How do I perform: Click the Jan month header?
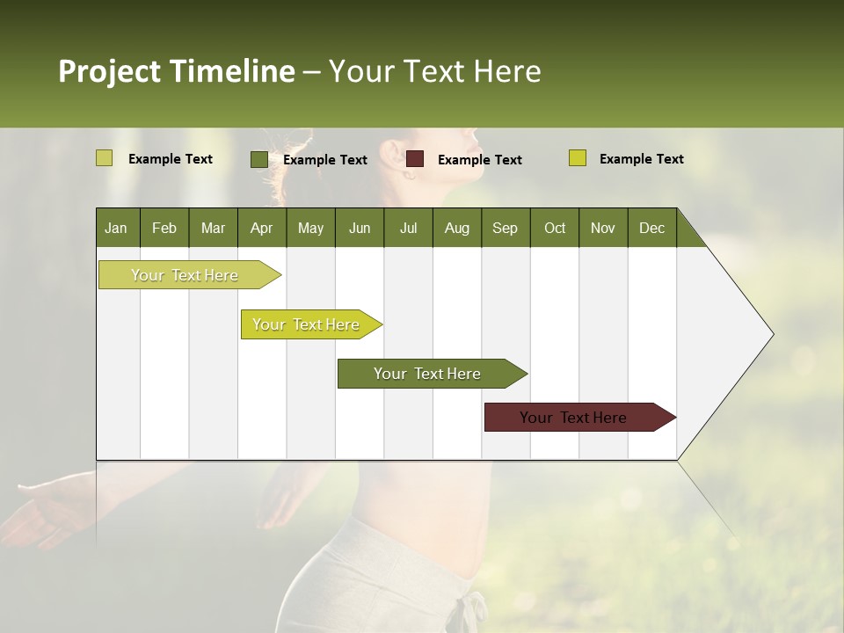pos(116,228)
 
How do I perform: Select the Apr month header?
pos(261,228)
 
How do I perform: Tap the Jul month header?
pos(408,228)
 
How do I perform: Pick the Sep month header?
pos(505,228)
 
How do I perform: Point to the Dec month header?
pos(651,228)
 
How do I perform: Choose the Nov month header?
pos(602,228)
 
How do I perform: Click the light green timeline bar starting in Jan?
pos(185,275)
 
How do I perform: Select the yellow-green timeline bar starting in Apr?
pos(306,324)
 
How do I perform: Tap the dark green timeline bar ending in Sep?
pos(427,374)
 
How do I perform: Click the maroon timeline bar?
pos(573,418)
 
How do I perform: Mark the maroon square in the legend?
pos(415,159)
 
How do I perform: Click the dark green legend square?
pos(258,159)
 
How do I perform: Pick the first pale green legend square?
pos(104,158)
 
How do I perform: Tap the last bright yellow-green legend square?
pos(577,158)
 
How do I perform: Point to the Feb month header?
pos(164,228)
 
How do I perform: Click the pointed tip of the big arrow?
pos(772,334)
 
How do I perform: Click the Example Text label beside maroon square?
pos(479,160)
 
